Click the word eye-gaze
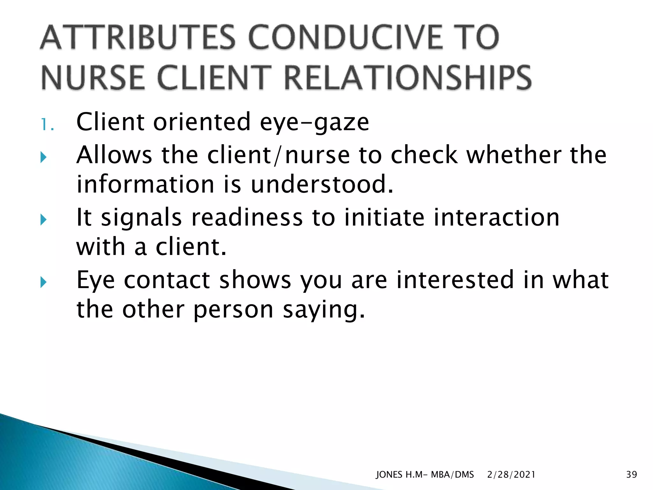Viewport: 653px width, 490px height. click(314, 122)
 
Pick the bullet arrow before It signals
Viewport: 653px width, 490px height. click(44, 219)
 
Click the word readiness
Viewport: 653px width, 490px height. click(247, 218)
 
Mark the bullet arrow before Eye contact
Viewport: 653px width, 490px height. click(44, 282)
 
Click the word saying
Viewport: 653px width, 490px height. click(324, 310)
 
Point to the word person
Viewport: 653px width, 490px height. click(233, 310)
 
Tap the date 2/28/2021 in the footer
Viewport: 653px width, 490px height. click(511, 475)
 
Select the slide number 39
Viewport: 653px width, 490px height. click(631, 475)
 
